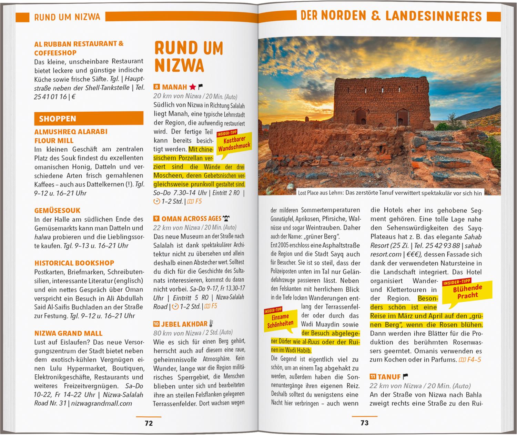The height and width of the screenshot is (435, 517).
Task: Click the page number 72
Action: coord(149,423)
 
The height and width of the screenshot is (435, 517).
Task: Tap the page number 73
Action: coord(364,423)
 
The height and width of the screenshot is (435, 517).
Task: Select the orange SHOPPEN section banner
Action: coord(89,119)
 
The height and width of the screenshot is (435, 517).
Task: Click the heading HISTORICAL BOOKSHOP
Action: coord(74,263)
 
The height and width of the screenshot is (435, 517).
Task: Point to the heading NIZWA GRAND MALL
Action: coord(68,333)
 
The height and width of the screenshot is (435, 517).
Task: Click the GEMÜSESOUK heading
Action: coord(57,210)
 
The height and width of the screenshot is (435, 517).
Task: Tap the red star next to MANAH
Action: coord(192,87)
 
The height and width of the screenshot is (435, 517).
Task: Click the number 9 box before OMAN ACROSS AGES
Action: coord(156,219)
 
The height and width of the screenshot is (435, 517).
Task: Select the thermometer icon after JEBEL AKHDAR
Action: coord(211,324)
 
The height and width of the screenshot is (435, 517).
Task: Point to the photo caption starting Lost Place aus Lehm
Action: coord(389,193)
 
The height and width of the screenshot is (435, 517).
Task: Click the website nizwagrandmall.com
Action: coord(102,403)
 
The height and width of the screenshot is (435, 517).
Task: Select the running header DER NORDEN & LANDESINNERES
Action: coord(391,16)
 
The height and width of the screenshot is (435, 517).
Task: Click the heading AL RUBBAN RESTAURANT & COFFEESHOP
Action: coord(79,48)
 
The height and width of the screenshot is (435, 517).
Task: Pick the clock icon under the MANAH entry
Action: coord(157,201)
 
